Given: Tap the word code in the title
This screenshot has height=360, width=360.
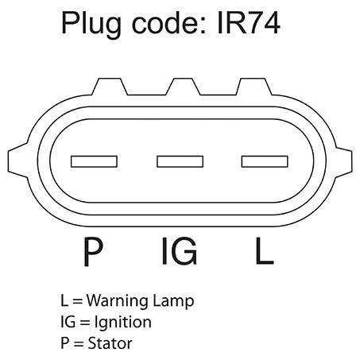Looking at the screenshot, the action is (169, 23).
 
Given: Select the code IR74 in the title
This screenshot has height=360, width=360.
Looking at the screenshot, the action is (249, 23).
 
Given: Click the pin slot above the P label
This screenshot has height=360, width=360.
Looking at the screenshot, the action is (94, 161).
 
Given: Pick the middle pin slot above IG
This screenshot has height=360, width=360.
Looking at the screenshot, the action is (180, 161).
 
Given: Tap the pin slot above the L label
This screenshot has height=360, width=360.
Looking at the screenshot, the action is (265, 161).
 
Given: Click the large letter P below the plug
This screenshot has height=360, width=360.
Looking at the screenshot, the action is (93, 252).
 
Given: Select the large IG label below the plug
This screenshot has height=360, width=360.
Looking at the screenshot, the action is (180, 251).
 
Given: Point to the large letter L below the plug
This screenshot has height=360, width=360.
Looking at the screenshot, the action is (265, 251).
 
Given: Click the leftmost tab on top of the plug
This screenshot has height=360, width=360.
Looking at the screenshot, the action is (110, 87).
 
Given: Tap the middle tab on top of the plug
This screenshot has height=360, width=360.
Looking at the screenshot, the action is (183, 87).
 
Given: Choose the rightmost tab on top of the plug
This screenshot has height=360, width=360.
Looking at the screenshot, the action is (254, 87).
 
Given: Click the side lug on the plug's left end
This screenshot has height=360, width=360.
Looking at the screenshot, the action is (18, 161).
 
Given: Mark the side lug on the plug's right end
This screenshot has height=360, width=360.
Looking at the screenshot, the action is (343, 161).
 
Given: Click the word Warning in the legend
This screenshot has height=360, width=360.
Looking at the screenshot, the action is (118, 301).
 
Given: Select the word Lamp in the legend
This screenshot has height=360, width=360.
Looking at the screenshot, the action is (174, 302).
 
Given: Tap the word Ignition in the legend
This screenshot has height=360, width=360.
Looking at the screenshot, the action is (123, 323).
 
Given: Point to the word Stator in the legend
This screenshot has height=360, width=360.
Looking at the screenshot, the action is (110, 343).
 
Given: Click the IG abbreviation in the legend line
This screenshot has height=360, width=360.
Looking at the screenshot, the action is (68, 322).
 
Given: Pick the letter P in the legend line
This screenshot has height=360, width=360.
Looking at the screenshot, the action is (65, 343).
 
